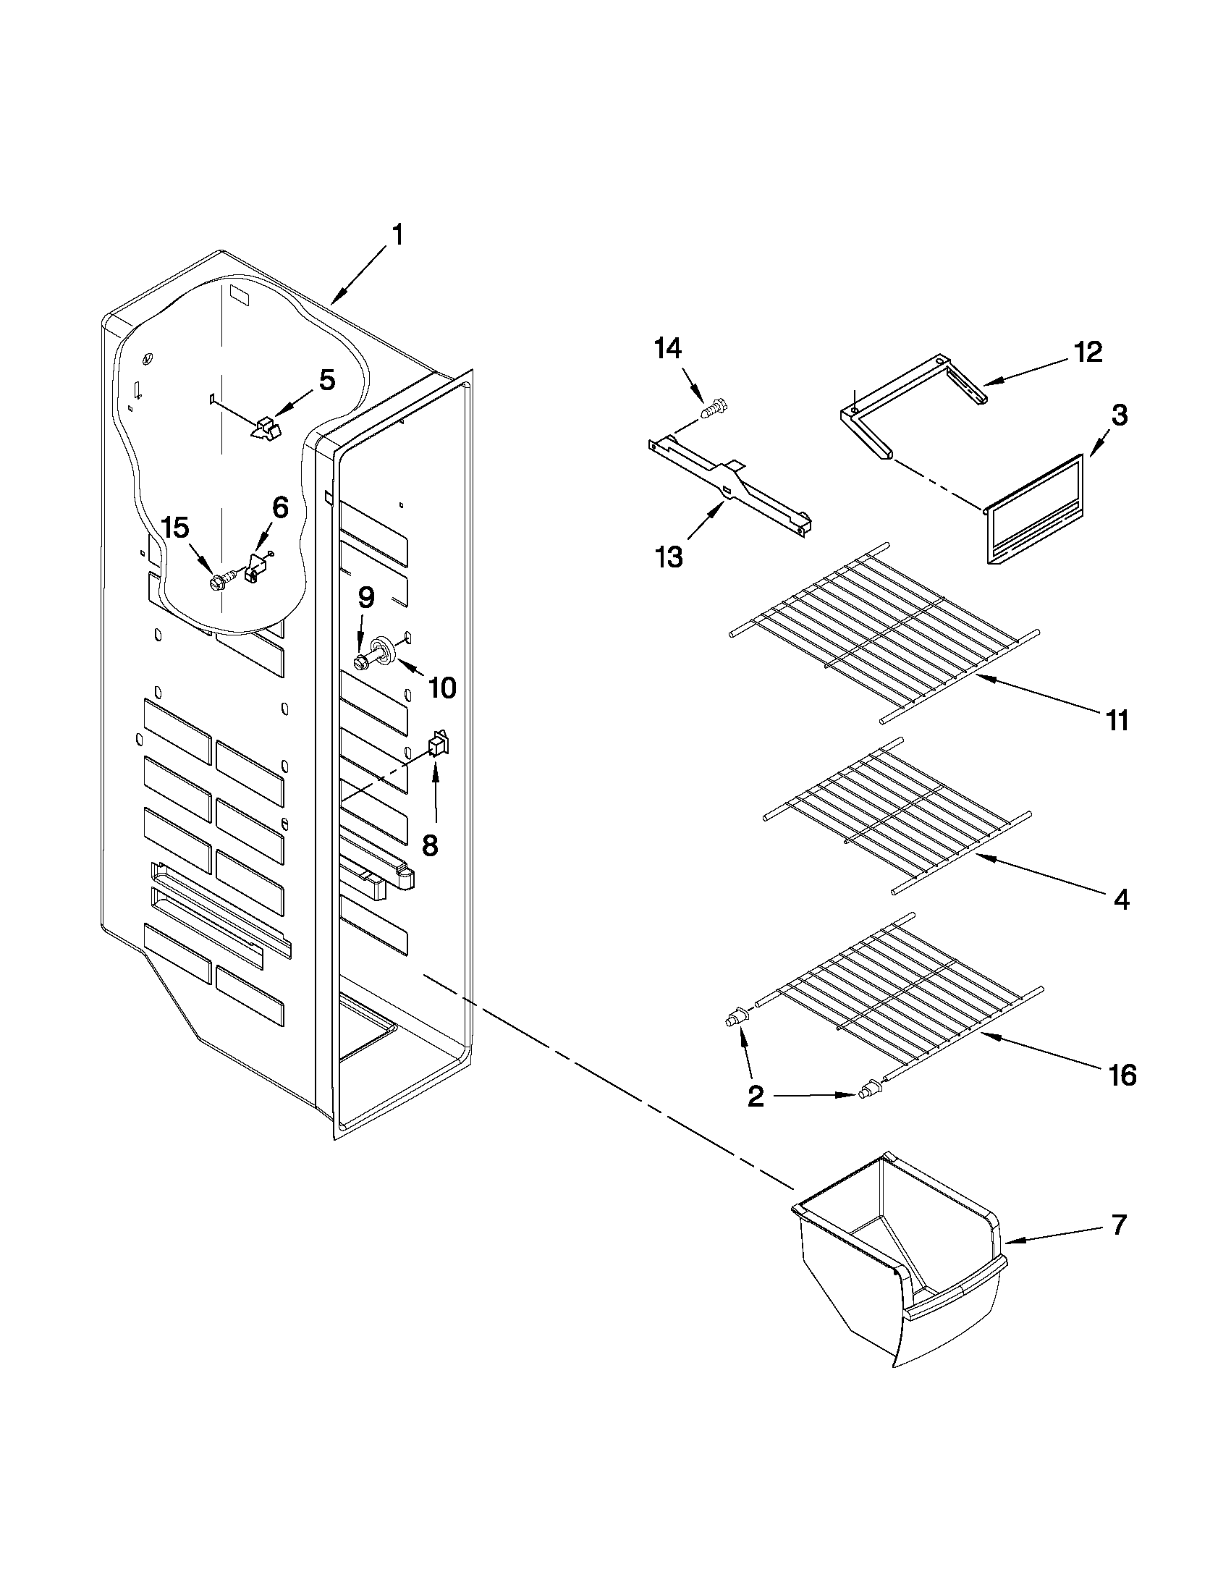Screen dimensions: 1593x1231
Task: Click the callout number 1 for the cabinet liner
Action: tap(397, 236)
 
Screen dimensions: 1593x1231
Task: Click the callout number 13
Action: tap(668, 557)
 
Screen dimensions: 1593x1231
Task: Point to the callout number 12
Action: tap(1086, 353)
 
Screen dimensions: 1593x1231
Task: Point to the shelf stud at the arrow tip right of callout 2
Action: tap(868, 1112)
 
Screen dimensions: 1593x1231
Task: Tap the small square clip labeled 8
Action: tap(438, 744)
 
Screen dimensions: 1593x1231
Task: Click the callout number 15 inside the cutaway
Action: tap(175, 528)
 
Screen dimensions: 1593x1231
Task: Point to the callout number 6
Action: tap(280, 508)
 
